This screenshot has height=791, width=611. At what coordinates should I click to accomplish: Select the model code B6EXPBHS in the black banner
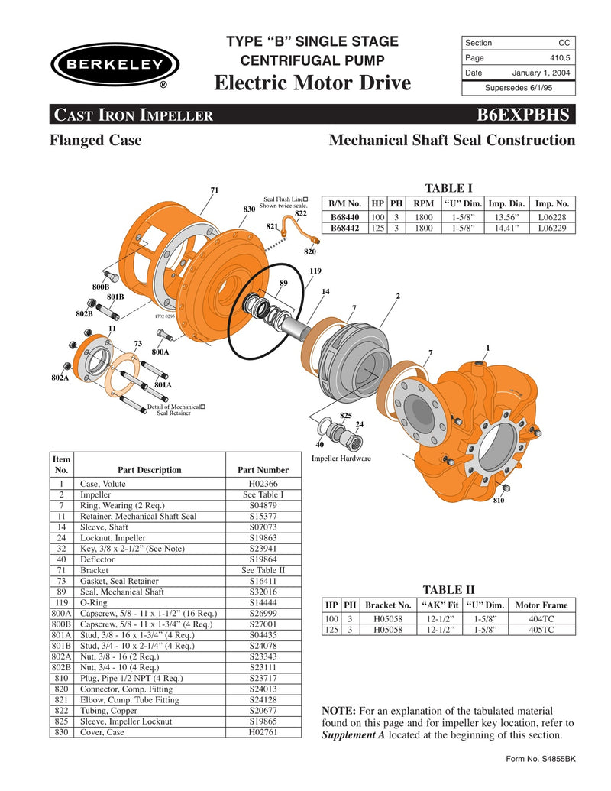click(x=523, y=115)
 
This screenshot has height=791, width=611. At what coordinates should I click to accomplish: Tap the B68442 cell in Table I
click(x=345, y=228)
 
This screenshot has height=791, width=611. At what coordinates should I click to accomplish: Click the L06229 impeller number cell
click(x=551, y=228)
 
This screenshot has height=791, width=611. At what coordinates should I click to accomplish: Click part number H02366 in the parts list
click(x=263, y=484)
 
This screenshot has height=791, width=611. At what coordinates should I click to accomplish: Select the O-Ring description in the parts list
click(x=94, y=602)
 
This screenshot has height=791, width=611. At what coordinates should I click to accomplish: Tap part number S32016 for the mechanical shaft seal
click(x=263, y=592)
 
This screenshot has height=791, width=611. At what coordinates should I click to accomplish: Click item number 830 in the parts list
click(x=61, y=731)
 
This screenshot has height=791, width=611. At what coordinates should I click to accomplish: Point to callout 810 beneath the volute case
click(x=498, y=501)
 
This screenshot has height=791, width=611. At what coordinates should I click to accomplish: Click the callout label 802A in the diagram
click(x=60, y=378)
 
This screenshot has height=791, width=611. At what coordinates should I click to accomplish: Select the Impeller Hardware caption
click(x=341, y=458)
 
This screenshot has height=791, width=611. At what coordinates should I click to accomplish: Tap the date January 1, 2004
click(x=541, y=73)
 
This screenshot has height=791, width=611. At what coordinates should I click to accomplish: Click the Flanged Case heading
click(x=95, y=141)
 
